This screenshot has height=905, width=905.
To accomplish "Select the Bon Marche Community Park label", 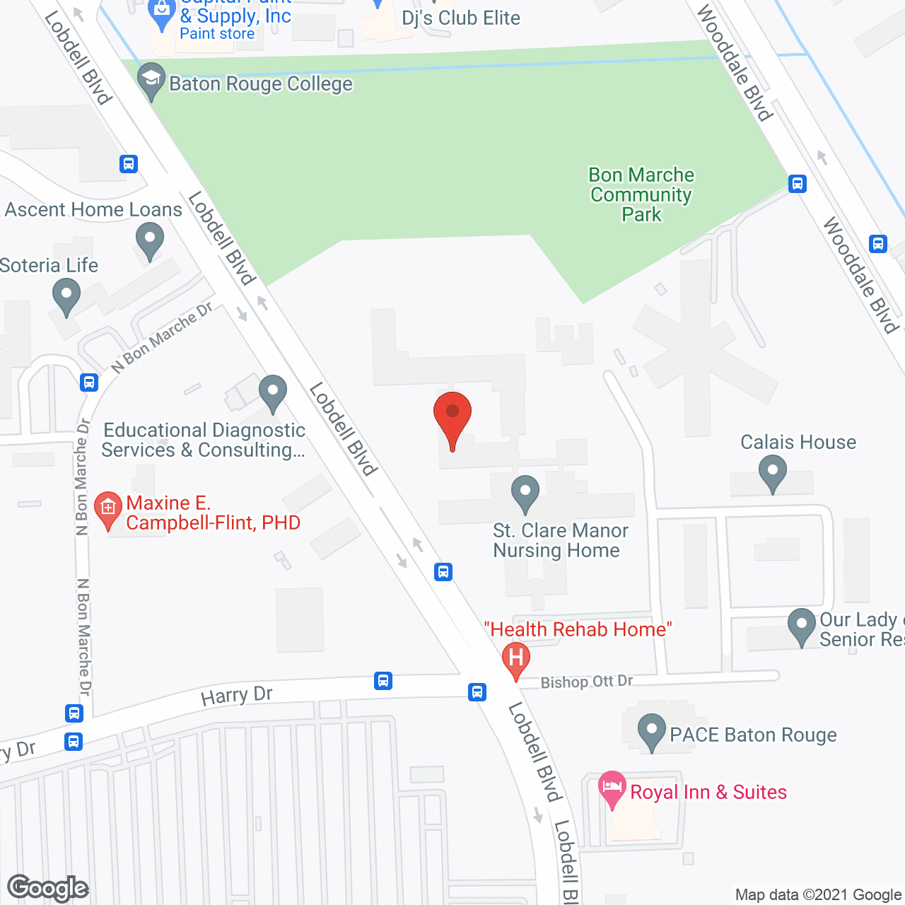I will point(641,194).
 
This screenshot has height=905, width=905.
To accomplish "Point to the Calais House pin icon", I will point(772,472).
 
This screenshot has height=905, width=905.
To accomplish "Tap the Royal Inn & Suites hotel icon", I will point(612,788).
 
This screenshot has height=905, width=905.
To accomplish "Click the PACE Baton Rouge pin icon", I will point(651,732).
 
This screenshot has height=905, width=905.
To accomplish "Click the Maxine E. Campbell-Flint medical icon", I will point(108,509).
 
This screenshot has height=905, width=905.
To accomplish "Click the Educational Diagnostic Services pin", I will point(272,392).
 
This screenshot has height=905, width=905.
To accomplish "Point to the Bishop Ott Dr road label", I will point(587,682).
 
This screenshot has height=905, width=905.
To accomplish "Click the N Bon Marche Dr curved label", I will point(163,337).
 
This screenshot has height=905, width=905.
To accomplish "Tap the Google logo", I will point(47,888).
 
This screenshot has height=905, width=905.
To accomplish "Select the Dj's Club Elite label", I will point(461,18).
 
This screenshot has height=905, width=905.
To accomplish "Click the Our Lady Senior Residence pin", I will point(801,626).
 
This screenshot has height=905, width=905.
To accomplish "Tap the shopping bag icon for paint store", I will point(163,13).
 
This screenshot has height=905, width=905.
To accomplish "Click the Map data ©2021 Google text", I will point(819,894).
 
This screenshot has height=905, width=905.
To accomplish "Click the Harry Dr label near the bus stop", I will point(237,696).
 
